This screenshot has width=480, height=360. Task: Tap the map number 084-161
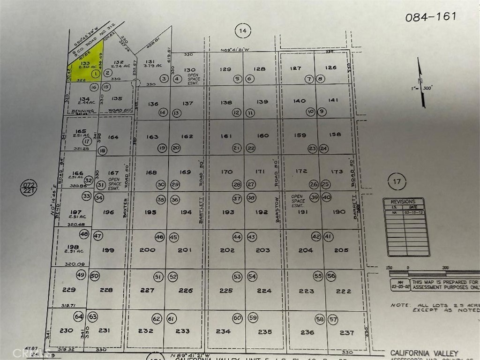pyautogui.click(x=431, y=17)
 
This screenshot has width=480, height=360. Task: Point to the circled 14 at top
pyautogui.click(x=242, y=31)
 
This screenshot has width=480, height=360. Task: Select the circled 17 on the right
pyautogui.click(x=397, y=181)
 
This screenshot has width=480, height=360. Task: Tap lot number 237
pyautogui.click(x=347, y=332)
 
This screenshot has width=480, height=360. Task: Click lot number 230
pyautogui.click(x=67, y=330)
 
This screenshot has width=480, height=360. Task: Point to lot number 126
pyautogui.click(x=330, y=67)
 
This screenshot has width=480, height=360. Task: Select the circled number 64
pyautogui.click(x=79, y=316)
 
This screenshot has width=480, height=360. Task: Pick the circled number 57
pyautogui.click(x=333, y=320)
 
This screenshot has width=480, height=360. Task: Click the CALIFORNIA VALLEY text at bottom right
pyautogui.click(x=424, y=353)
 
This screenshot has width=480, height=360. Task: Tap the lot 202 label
pyautogui.click(x=227, y=250)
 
